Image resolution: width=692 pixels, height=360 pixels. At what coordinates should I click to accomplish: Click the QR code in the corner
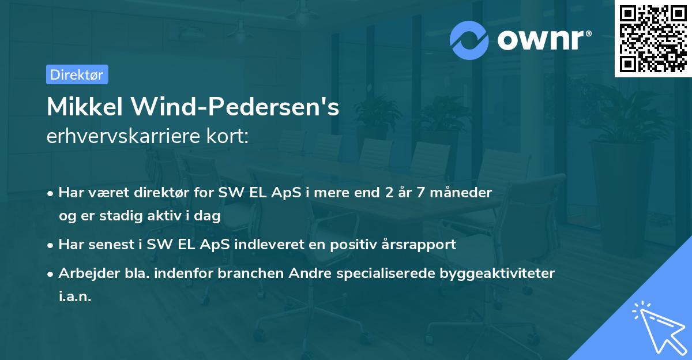click(653, 38)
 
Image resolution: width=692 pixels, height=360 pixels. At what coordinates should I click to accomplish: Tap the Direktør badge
click(77, 74)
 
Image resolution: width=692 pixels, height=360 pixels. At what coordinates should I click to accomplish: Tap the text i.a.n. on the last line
click(75, 297)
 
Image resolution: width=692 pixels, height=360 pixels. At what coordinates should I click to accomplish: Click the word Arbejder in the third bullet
click(84, 273)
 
